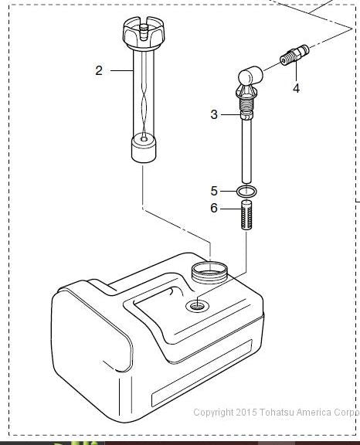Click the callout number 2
point(99,70)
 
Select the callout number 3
point(214,114)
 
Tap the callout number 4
point(296,89)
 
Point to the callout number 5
point(214,191)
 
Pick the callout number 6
point(214,209)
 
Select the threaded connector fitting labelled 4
point(294,55)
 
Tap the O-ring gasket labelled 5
point(246,192)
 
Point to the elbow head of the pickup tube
point(250,76)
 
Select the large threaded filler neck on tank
point(209,273)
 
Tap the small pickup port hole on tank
point(197,306)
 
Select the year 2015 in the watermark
point(246,412)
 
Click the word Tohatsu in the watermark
point(277,412)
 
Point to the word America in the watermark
point(314,412)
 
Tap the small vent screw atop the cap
point(144,30)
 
